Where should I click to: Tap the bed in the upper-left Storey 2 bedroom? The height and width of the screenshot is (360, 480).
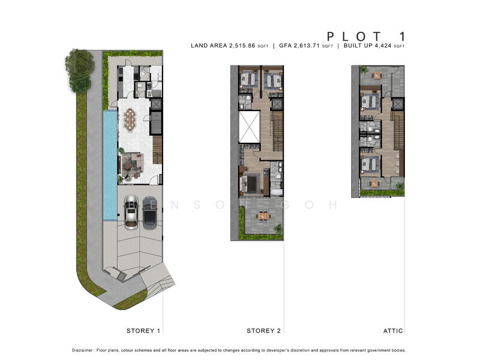[x=248, y=79]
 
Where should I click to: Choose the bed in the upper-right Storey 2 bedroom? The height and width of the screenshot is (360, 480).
[x=273, y=79]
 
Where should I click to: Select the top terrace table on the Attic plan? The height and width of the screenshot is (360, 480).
[x=376, y=75]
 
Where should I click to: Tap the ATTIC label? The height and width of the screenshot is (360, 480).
[x=393, y=331]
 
